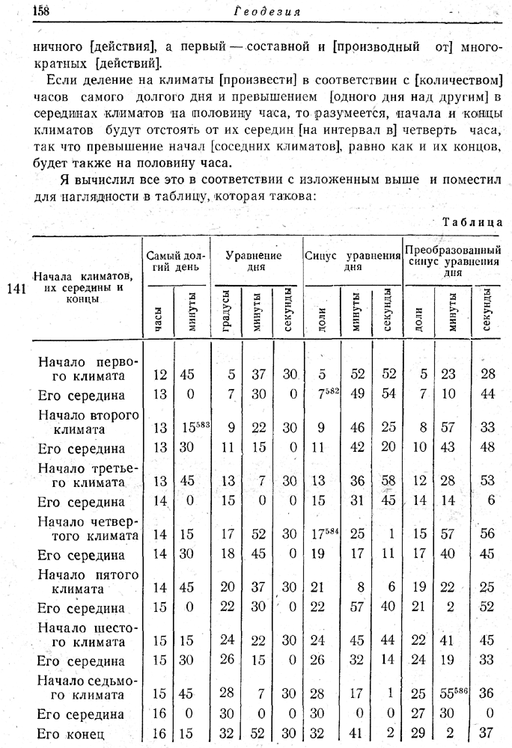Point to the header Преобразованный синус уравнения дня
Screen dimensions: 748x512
pos(452,261)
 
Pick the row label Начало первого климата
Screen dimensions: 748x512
pos(88,368)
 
